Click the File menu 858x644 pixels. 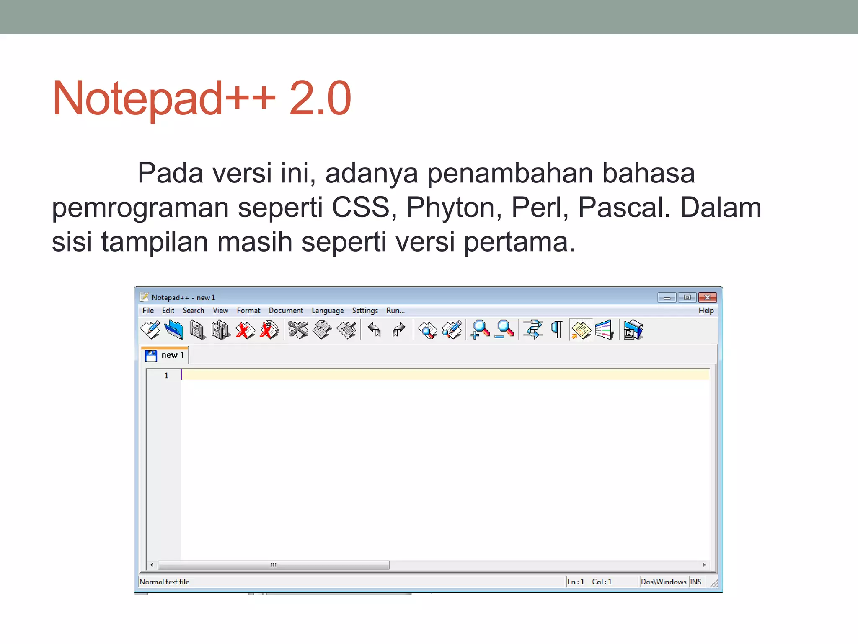pyautogui.click(x=148, y=311)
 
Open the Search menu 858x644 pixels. pyautogui.click(x=193, y=311)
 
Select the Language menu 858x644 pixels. pyautogui.click(x=327, y=311)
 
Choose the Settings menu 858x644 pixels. pyautogui.click(x=364, y=311)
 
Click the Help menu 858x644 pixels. pyautogui.click(x=706, y=311)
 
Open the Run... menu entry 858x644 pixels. pyautogui.click(x=395, y=311)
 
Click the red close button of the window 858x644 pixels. pyautogui.click(x=707, y=297)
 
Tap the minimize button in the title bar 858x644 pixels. pyautogui.click(x=667, y=297)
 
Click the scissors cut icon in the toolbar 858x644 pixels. pyautogui.click(x=298, y=330)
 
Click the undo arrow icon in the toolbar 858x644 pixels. pyautogui.click(x=374, y=330)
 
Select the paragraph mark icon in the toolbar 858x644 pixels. pyautogui.click(x=557, y=330)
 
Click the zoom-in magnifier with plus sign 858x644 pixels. pyautogui.click(x=480, y=330)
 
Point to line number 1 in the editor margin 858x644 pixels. pyautogui.click(x=166, y=376)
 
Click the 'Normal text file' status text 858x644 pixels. pyautogui.click(x=164, y=582)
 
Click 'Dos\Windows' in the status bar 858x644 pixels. pyautogui.click(x=663, y=582)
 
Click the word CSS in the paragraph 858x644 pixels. pyautogui.click(x=360, y=208)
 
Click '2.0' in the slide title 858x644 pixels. pyautogui.click(x=320, y=99)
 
